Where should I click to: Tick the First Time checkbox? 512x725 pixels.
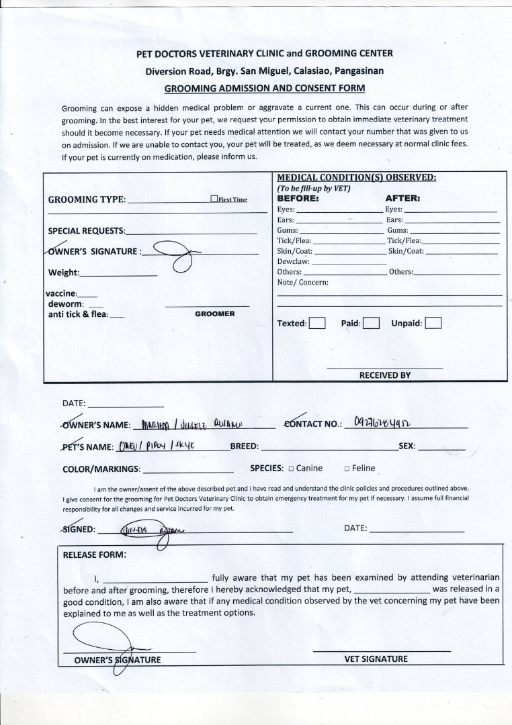214,199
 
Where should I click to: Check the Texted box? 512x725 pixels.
317,324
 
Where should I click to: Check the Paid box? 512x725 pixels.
372,324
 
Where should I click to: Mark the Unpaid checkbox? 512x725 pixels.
433,324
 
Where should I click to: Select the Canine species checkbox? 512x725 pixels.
291,469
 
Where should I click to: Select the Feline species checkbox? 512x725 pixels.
347,469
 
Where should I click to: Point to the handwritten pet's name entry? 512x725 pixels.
155,445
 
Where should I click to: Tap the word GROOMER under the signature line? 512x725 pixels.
215,313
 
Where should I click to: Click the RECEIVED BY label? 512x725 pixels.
384,375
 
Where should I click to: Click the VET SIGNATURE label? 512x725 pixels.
376,659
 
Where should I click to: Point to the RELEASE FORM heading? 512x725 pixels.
94,554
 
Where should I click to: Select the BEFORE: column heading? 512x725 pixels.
298,199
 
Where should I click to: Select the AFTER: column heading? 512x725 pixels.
402,199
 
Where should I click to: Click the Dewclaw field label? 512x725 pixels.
293,261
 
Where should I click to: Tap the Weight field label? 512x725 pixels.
63,273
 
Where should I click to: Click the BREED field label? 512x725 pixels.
245,446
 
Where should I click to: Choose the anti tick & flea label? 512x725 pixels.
77,313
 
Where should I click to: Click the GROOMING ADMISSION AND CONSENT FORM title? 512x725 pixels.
265,88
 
